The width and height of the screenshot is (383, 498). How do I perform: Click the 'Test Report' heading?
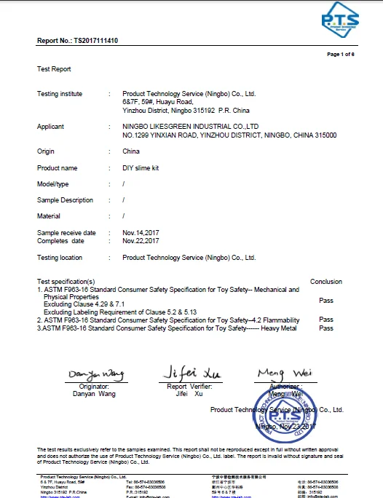pos(54,69)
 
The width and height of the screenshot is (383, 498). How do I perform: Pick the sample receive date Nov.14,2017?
pos(141,232)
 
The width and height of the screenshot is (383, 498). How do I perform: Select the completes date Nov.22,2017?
pos(141,240)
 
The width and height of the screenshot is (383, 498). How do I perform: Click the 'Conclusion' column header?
pos(325,282)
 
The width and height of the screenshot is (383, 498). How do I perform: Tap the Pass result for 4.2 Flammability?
pos(325,320)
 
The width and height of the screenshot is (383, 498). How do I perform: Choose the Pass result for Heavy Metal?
pos(325,328)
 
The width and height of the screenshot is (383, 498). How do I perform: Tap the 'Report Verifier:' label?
pos(189,387)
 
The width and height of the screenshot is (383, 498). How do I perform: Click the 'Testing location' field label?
pos(60,258)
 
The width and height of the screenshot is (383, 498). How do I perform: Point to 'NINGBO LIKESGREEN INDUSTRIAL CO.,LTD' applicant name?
pos(191,127)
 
